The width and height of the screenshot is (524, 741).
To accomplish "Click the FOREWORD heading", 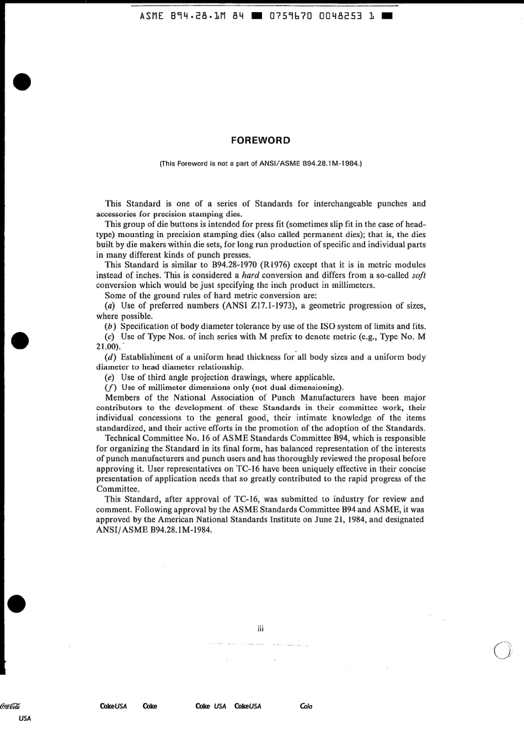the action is (261, 140).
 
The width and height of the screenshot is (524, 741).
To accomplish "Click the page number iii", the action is (261, 628).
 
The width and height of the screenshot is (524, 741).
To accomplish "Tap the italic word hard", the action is (251, 275).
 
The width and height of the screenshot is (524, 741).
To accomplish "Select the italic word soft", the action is (419, 275).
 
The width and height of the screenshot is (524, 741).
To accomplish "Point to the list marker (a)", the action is (110, 306).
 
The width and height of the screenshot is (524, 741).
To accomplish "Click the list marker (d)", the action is (110, 357).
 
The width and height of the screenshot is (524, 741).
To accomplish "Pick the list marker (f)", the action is (110, 388).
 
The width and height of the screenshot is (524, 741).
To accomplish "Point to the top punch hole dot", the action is (22, 82).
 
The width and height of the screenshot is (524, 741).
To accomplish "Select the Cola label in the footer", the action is (306, 706).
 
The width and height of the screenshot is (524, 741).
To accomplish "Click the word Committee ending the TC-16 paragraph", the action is (117, 489).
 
